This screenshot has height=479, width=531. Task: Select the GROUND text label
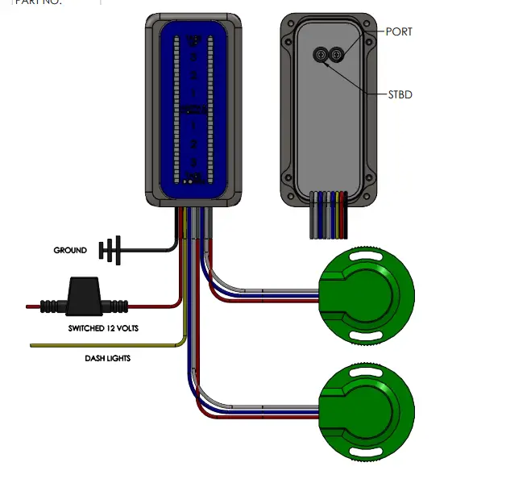tap(70, 251)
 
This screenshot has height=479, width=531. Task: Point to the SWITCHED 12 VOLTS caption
tap(99, 329)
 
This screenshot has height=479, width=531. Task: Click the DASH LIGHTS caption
tap(108, 358)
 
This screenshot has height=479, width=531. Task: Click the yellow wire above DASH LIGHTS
tap(105, 345)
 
